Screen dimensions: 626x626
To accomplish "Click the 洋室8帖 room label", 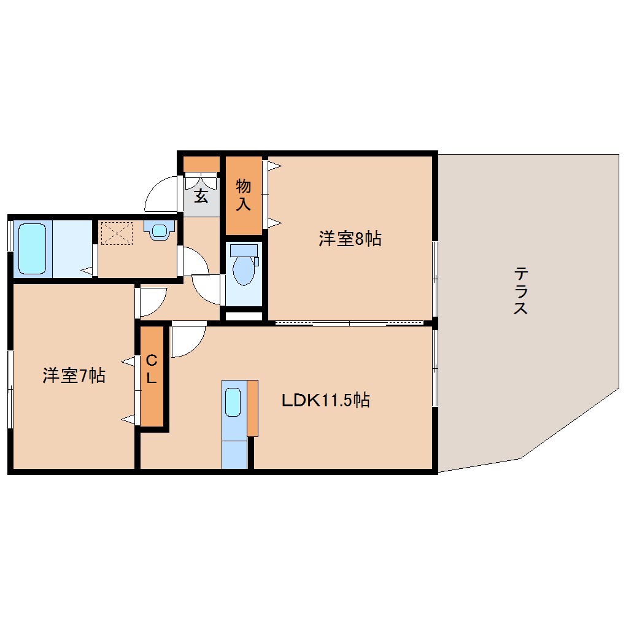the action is [350, 239].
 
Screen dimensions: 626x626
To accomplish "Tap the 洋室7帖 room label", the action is [74, 376].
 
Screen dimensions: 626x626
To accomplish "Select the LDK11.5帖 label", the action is [326, 400].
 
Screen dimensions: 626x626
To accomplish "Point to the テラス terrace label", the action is [521, 291].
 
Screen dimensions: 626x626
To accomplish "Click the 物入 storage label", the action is [243, 195].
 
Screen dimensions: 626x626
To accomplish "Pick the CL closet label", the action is [152, 369].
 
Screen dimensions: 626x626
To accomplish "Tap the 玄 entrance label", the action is [201, 196].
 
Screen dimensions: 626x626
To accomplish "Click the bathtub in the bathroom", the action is [33, 249].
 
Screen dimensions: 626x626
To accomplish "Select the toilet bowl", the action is [243, 270].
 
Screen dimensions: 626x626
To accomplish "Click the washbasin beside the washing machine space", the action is [160, 230].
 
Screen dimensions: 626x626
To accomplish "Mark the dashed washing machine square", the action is [116, 234].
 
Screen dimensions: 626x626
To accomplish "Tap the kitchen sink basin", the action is [233, 402].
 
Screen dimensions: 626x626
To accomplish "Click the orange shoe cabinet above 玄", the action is [201, 164].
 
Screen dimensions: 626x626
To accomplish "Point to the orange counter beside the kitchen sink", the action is [252, 408].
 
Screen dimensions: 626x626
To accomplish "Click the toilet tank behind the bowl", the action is [244, 250].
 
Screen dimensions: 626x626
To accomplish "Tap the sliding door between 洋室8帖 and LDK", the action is [349, 323].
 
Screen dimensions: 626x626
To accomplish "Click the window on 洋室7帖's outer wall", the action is [10, 389].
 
